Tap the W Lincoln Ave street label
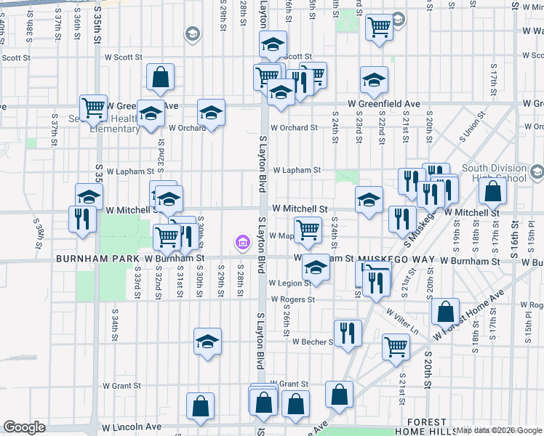click(x=132, y=427)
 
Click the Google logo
click(x=24, y=427)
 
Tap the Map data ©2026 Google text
click(x=499, y=430)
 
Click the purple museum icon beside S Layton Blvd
click(x=240, y=241)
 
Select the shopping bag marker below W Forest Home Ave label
click(x=445, y=312)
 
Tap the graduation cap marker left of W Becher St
click(x=207, y=341)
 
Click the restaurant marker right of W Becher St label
click(x=348, y=333)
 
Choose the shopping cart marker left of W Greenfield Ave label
click(x=94, y=108)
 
